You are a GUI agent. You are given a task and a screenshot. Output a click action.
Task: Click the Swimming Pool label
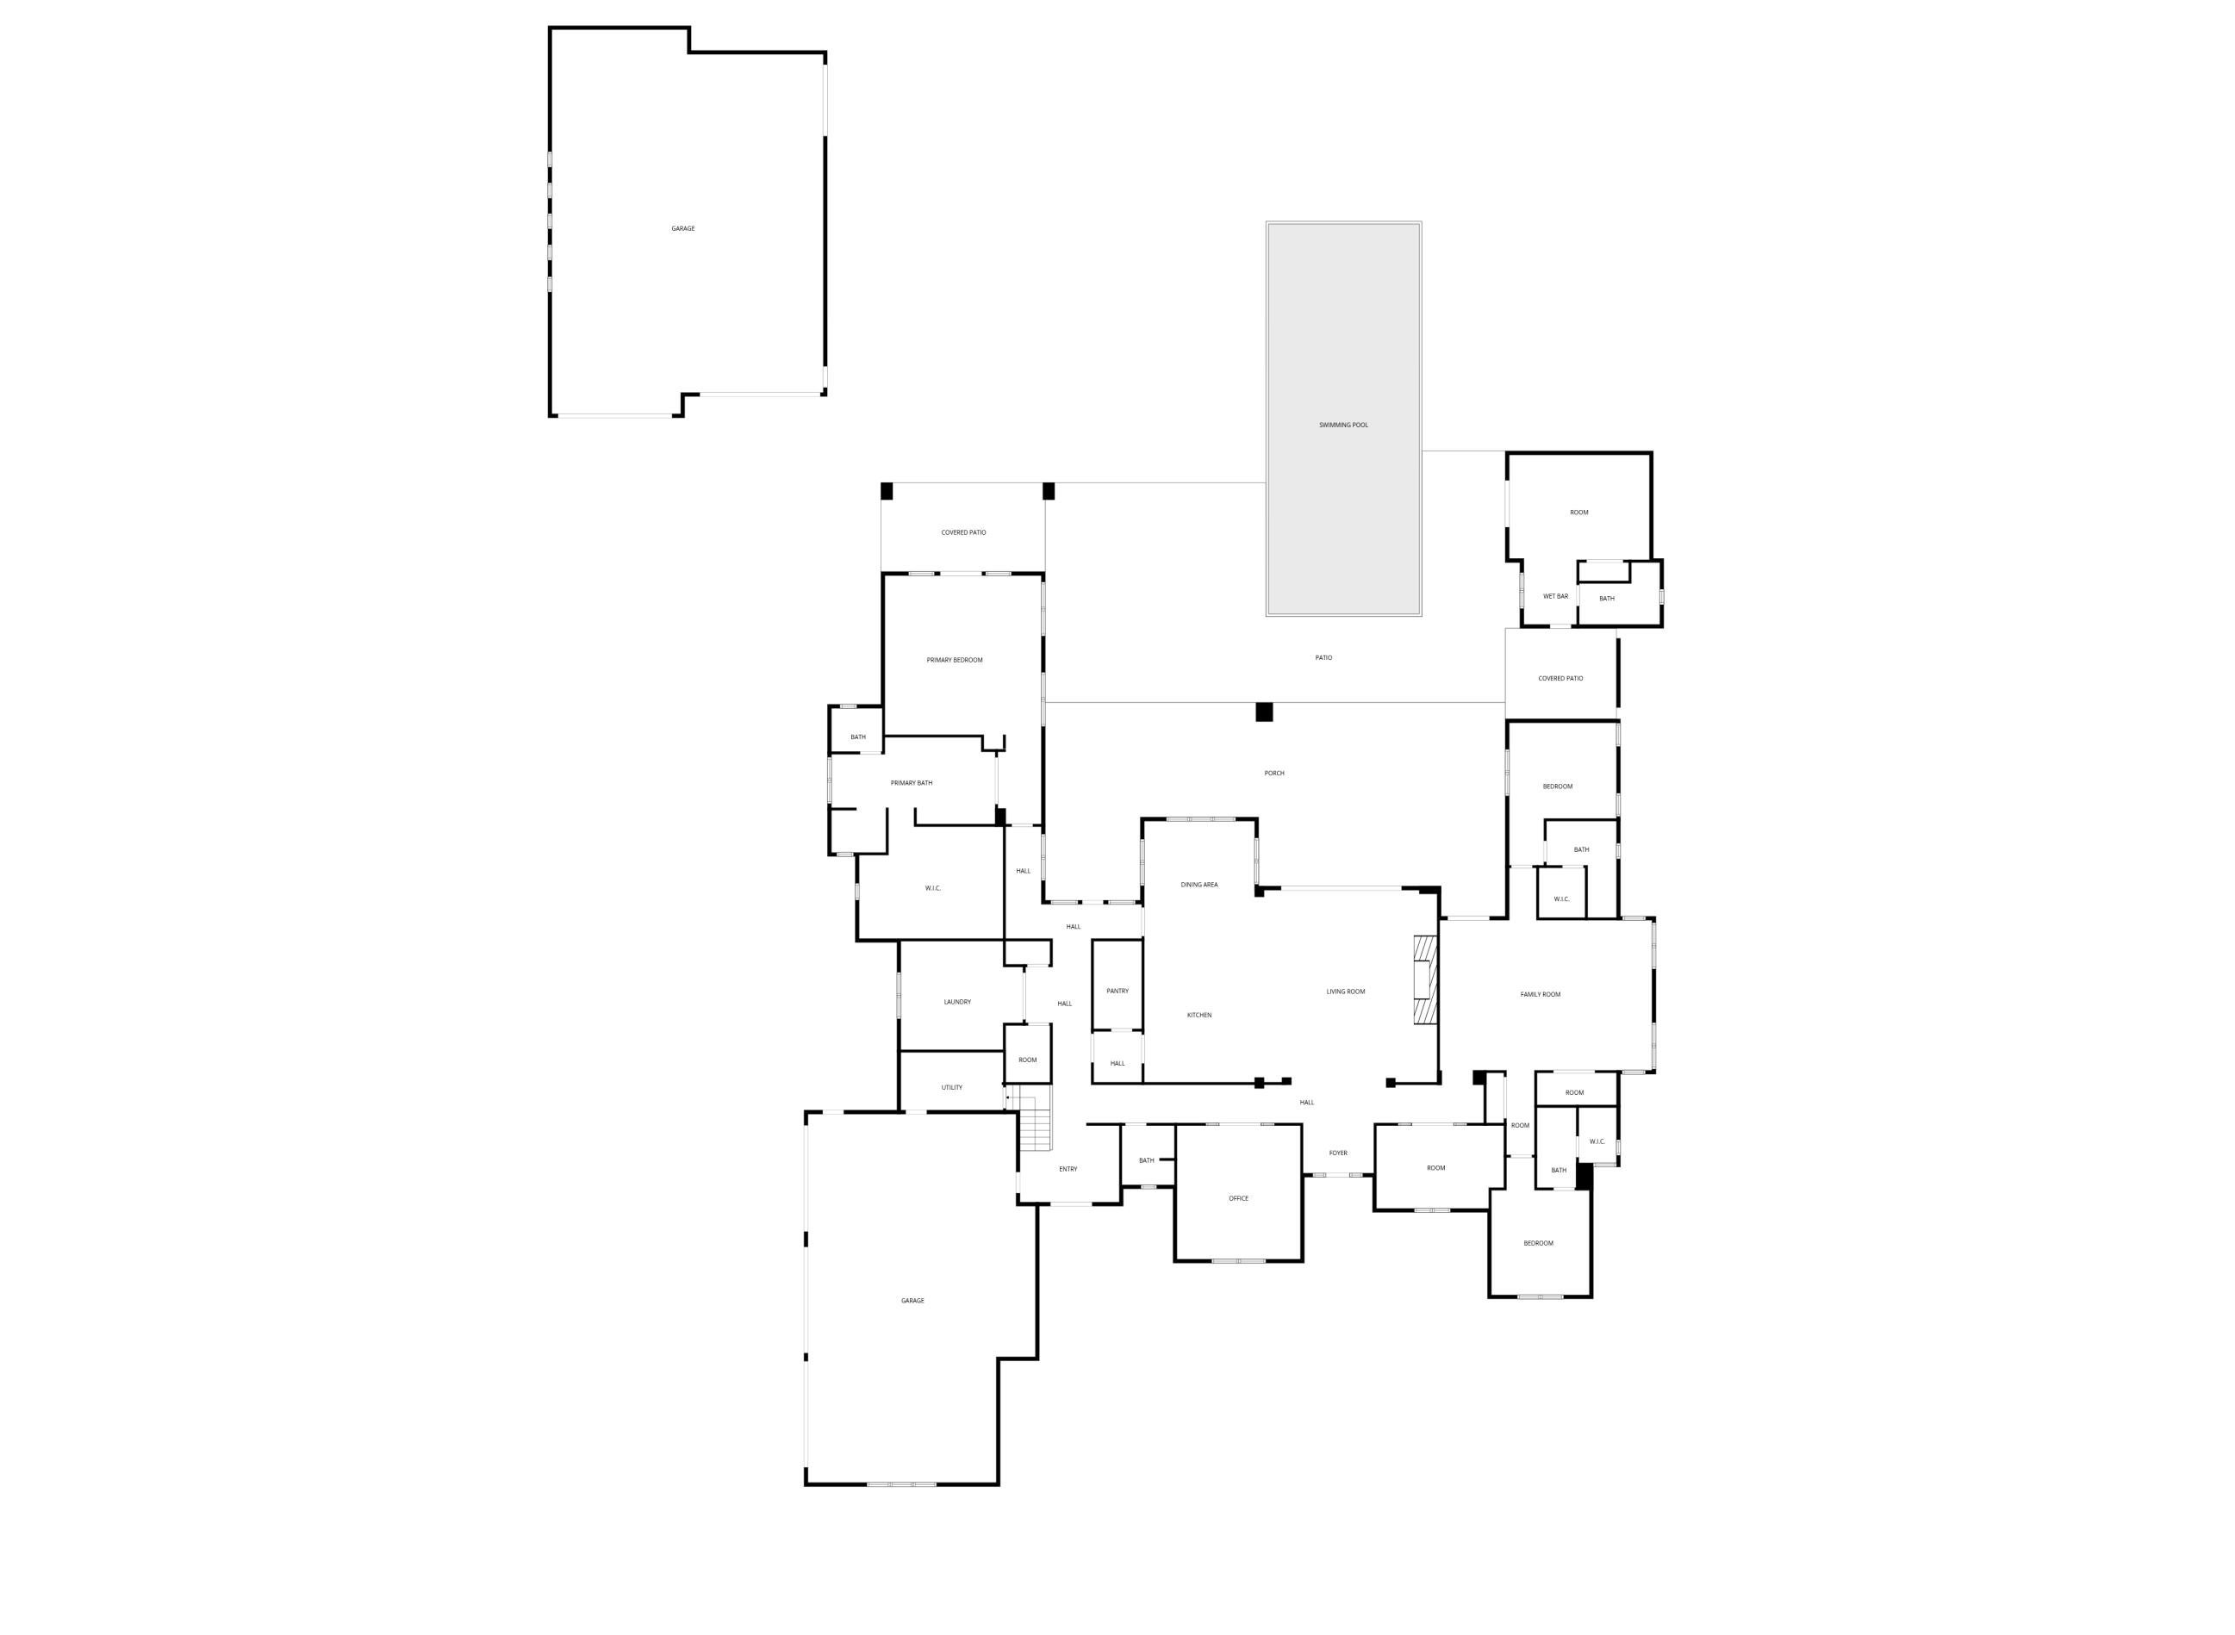1343,426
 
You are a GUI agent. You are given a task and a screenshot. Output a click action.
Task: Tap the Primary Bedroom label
954,660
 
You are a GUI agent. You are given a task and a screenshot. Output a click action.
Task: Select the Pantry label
1117,991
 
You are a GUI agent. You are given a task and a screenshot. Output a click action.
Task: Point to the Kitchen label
1198,1016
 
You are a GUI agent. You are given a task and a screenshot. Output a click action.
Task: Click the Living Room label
1345,992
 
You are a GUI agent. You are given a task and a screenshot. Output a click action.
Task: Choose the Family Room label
1541,995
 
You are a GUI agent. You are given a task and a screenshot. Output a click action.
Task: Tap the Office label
1238,1198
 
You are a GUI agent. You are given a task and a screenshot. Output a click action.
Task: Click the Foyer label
1338,1153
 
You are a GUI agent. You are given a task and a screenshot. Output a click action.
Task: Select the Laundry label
957,1002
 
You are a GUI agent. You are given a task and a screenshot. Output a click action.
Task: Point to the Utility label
951,1088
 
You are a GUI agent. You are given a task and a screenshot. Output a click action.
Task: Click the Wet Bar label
1556,597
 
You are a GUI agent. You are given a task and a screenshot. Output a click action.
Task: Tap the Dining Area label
1198,885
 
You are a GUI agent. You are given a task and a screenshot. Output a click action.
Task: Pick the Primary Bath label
911,783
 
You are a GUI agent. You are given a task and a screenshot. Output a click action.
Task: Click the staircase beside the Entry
1036,1119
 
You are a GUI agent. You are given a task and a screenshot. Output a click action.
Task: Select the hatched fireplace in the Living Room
1424,979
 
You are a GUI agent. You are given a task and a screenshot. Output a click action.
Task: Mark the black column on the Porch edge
1264,712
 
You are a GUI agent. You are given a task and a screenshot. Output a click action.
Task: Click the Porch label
1274,773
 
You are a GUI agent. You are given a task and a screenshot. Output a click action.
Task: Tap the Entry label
1068,1169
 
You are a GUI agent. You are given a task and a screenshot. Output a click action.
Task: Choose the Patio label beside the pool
1323,658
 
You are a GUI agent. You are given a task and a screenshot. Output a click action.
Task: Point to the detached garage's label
683,228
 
